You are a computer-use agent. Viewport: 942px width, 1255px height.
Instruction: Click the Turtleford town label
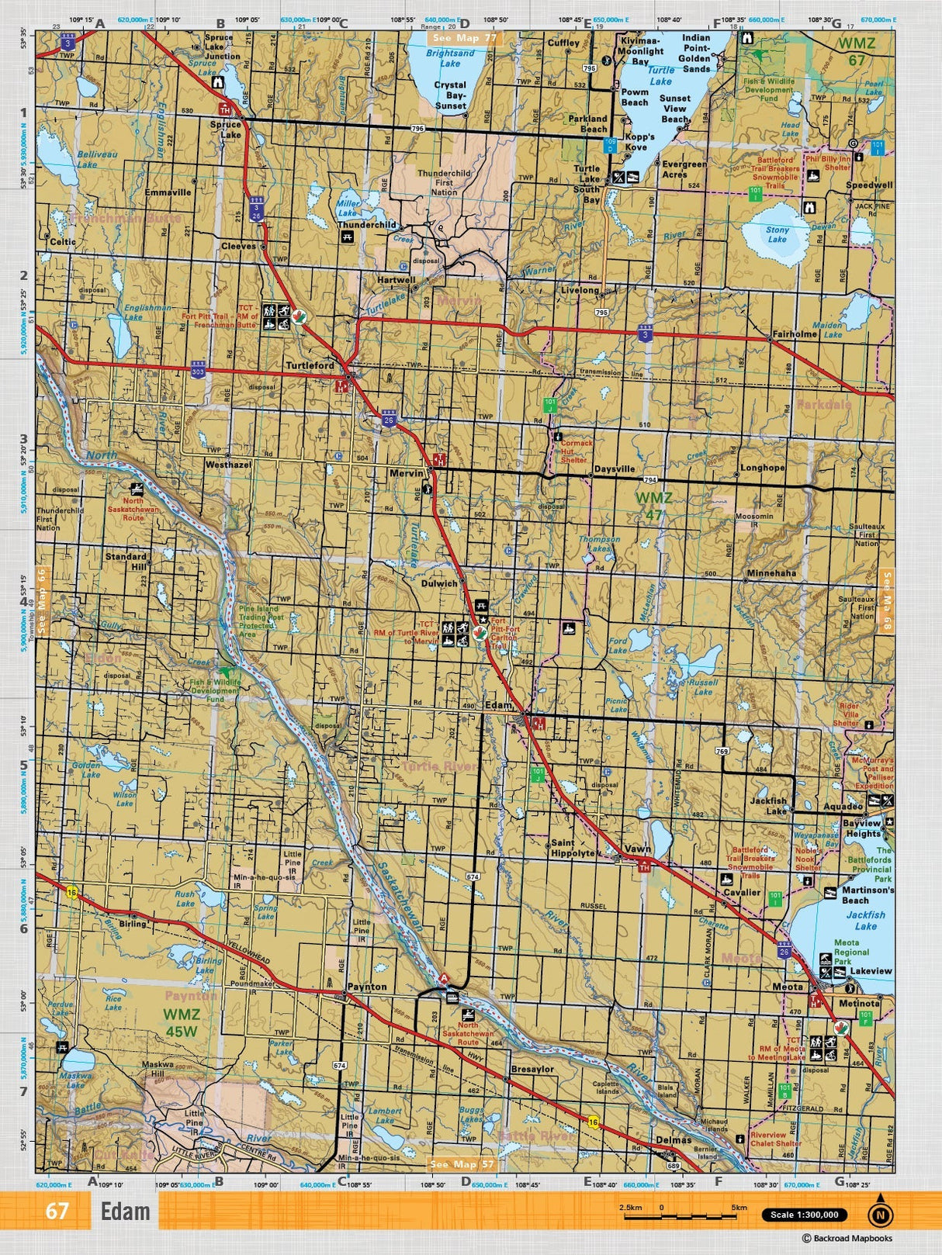click(x=310, y=365)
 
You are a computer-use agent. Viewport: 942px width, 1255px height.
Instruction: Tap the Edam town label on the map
click(x=498, y=705)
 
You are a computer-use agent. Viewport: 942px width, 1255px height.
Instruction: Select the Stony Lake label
click(x=777, y=234)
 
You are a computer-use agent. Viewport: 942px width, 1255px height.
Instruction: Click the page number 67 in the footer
click(x=57, y=1211)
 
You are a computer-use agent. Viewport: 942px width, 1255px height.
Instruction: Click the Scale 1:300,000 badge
click(x=805, y=1215)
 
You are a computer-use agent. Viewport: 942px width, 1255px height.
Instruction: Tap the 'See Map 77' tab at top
click(x=466, y=37)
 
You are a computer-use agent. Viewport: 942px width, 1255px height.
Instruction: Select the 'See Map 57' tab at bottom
click(x=462, y=1164)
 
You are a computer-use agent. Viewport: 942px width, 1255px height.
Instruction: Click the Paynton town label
click(x=367, y=987)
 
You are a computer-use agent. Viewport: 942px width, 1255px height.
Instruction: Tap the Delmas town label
click(x=673, y=1139)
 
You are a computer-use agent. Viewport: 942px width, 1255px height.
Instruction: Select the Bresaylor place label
click(x=532, y=1069)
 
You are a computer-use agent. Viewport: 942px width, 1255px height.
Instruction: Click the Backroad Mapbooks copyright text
click(x=847, y=1239)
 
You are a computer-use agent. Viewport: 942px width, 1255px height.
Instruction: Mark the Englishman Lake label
click(x=147, y=312)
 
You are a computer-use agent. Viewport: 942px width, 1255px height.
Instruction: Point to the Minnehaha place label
click(x=771, y=573)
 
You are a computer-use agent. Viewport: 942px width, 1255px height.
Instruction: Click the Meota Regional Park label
click(x=851, y=952)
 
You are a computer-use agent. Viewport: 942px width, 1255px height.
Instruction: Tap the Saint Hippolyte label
click(x=573, y=848)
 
